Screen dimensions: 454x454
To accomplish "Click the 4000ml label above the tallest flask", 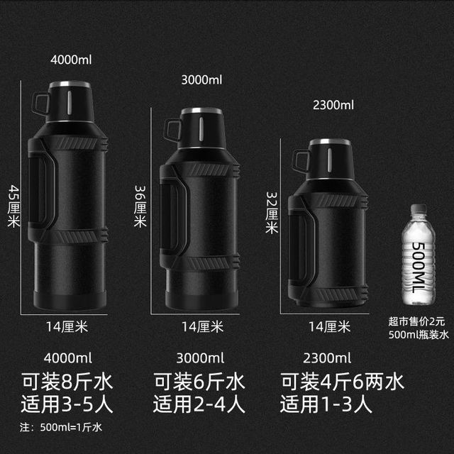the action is (71, 60).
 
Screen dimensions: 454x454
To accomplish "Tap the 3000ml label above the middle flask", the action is (201, 80).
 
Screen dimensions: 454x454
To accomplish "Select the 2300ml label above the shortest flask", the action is (333, 105).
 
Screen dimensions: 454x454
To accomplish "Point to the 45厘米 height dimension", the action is (14, 206).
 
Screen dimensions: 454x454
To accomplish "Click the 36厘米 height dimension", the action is (140, 206).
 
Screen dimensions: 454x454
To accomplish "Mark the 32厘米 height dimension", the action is (272, 213).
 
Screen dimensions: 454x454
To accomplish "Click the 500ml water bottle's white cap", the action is (419, 209).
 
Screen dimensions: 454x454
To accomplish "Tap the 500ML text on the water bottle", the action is (418, 267).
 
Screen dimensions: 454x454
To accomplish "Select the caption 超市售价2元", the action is (416, 321).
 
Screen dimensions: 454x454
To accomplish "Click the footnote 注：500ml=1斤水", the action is (61, 427).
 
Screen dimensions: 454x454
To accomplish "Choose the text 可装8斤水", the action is (67, 382).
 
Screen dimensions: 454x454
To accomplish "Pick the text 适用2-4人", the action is (199, 404).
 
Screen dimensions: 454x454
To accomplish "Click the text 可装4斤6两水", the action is (342, 382).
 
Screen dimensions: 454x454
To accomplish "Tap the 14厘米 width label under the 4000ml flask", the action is (67, 327).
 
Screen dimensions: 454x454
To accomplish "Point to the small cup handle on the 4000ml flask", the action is (40, 104).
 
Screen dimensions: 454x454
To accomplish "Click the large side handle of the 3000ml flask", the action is (175, 211).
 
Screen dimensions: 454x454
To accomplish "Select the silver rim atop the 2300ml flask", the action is (330, 142).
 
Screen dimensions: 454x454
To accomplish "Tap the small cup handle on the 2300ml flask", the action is (300, 161).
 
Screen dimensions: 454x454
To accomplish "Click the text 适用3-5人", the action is (67, 404).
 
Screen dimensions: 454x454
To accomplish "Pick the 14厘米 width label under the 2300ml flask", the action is (329, 327).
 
